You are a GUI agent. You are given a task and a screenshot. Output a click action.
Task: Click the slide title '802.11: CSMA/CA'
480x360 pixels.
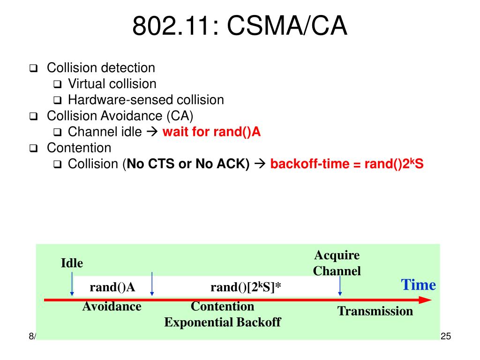point(240,26)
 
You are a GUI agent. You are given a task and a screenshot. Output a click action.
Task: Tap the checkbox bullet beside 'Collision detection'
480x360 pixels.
point(33,68)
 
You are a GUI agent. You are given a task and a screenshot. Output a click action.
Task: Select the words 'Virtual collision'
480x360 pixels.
point(112,83)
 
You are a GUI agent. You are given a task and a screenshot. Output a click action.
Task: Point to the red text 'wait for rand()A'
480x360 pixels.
point(211,132)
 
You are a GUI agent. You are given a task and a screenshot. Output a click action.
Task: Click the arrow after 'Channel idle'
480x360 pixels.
point(152,132)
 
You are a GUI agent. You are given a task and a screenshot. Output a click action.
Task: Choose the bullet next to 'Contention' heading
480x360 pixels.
point(33,148)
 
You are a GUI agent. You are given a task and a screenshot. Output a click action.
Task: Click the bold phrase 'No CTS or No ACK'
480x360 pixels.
point(188,164)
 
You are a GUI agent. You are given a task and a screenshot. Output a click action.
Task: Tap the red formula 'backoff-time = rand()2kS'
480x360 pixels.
point(347,164)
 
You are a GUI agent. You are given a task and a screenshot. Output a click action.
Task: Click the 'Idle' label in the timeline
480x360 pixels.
point(72,263)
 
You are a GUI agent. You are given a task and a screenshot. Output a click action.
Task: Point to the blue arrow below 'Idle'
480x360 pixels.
point(72,284)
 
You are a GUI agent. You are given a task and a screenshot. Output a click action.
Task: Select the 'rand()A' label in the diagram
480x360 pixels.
point(112,287)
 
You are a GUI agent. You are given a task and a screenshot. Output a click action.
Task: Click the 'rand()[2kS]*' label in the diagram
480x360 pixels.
point(246,287)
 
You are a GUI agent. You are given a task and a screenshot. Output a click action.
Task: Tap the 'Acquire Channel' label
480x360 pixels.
point(337,263)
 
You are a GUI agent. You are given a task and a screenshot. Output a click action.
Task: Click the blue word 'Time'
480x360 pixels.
point(419,285)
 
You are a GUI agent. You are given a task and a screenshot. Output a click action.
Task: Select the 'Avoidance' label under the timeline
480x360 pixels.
point(112,307)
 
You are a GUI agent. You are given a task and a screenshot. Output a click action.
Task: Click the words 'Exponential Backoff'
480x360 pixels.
point(223,322)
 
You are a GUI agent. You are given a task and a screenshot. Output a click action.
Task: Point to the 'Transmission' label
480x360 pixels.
point(375,311)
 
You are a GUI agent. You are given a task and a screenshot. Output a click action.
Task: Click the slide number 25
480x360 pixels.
point(446,336)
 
